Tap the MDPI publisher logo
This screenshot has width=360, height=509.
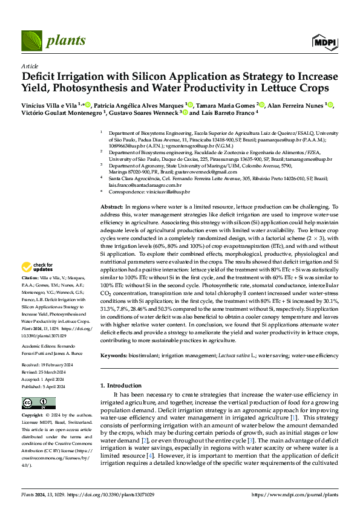click(324, 41)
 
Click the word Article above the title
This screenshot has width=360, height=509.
click(30, 66)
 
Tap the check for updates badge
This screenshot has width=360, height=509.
click(38, 266)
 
